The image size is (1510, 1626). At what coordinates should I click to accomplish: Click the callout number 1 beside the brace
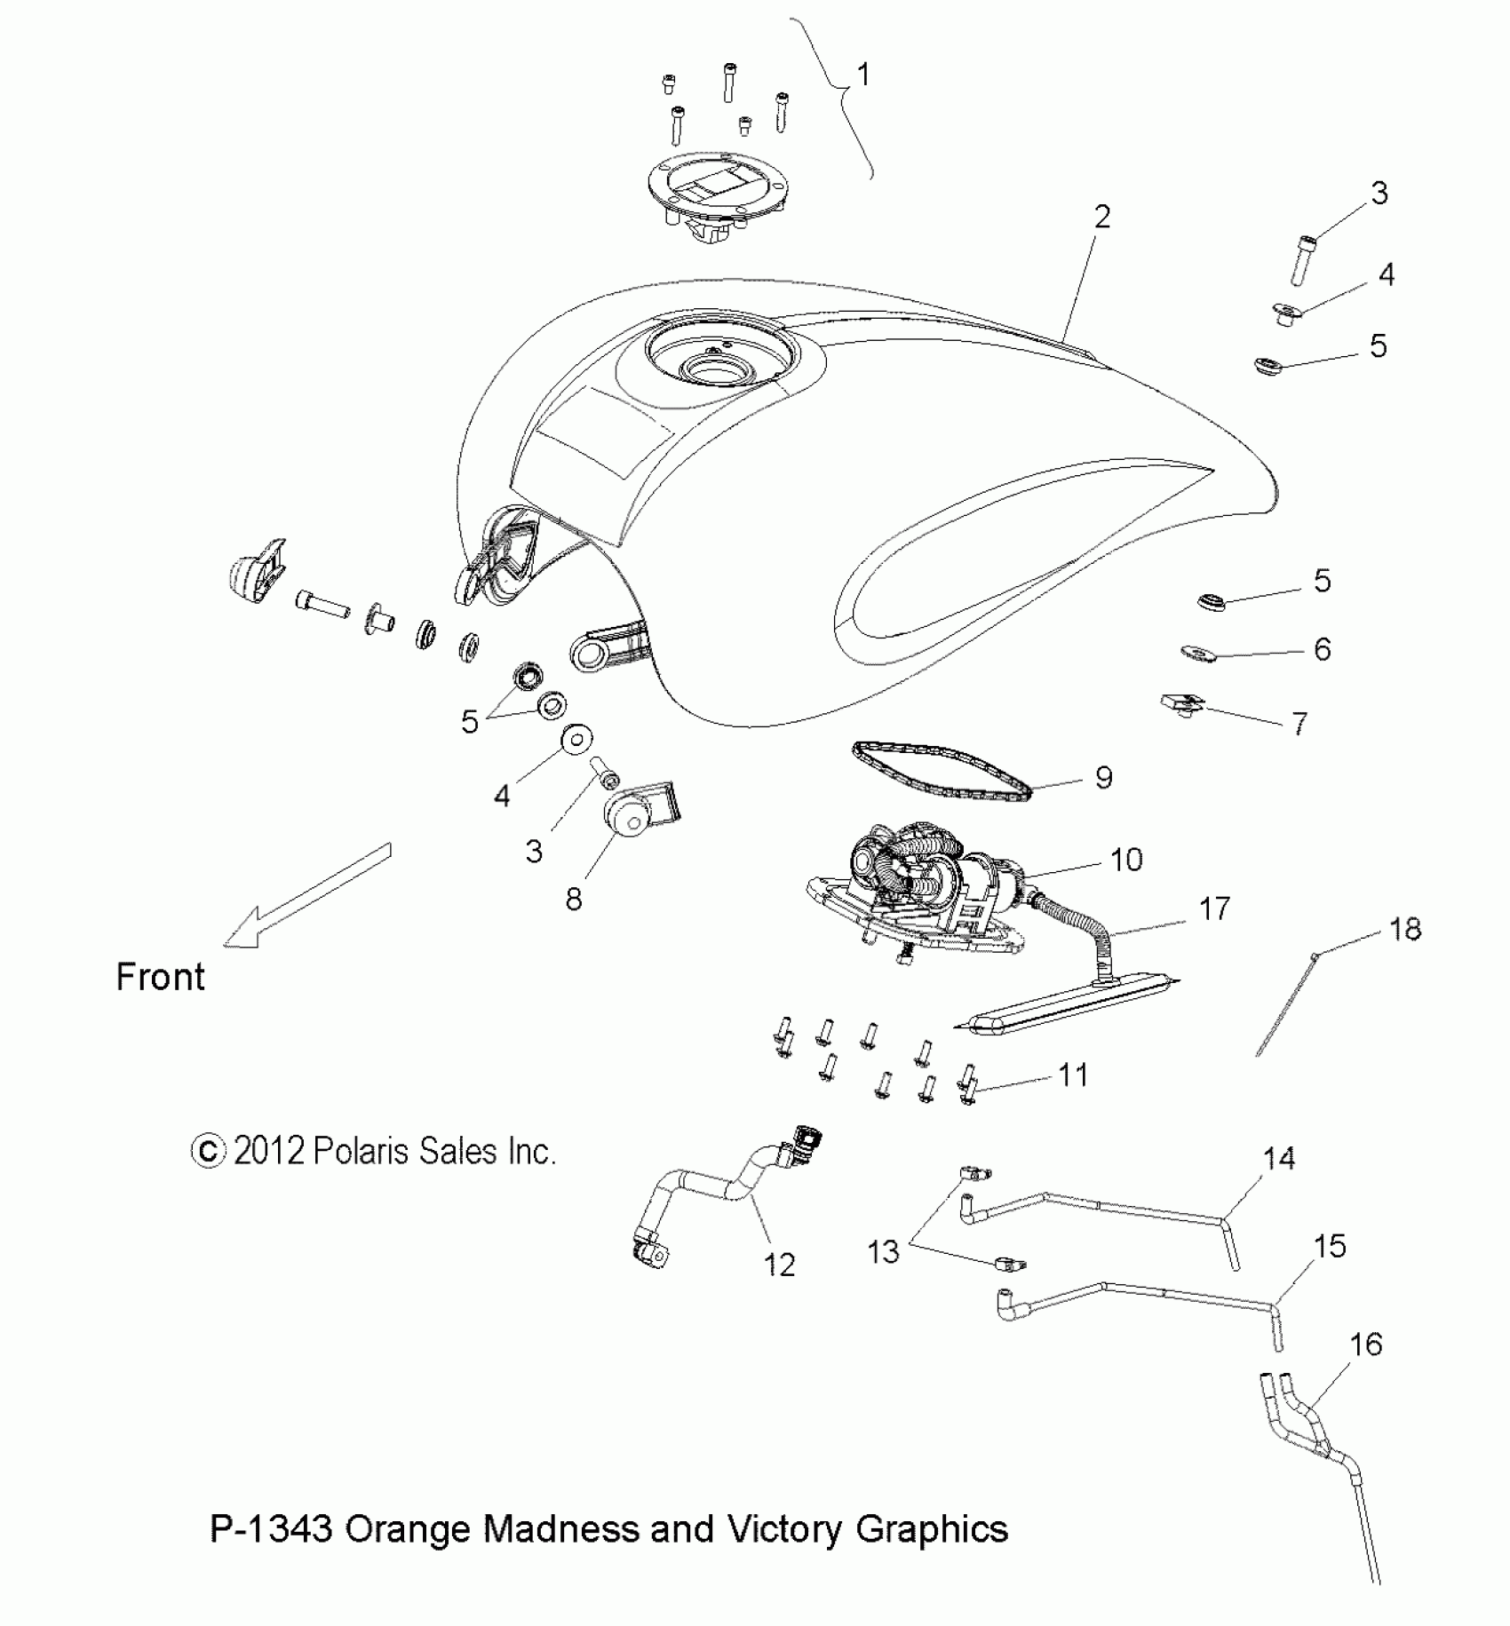[x=862, y=75]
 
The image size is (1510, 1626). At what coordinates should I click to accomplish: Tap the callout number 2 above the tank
[x=1102, y=217]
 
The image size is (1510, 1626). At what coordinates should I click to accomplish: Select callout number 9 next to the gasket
[x=1103, y=778]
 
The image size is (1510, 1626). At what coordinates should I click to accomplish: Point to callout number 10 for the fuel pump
[x=1126, y=860]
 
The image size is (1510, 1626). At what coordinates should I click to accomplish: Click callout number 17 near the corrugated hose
[x=1214, y=908]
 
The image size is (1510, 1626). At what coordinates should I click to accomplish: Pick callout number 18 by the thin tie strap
[x=1405, y=929]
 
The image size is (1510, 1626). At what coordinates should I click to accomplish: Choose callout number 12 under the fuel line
[x=779, y=1265]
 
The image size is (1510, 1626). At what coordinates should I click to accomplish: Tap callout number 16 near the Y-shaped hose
[x=1366, y=1344]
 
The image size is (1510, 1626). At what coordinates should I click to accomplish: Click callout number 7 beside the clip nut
[x=1299, y=724]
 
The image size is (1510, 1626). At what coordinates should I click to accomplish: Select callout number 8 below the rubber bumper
[x=574, y=899]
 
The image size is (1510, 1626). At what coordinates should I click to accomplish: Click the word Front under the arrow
[x=160, y=977]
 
